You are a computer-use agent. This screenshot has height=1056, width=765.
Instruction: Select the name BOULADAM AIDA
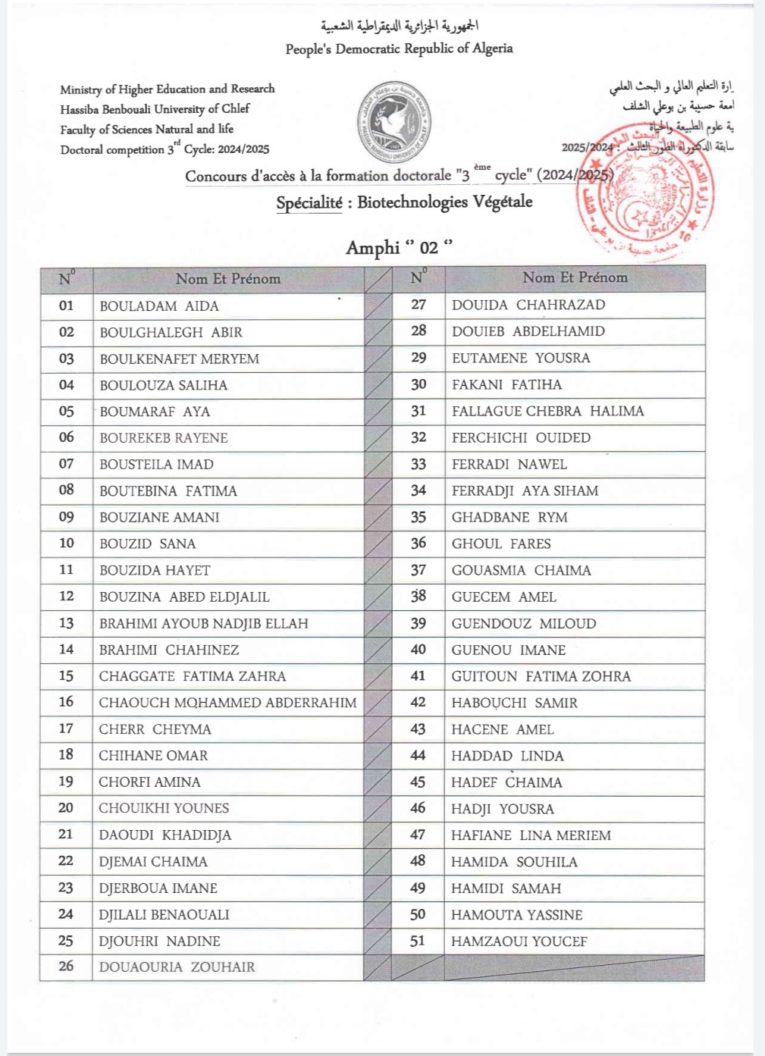click(159, 306)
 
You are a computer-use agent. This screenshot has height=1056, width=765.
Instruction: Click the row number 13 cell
click(67, 623)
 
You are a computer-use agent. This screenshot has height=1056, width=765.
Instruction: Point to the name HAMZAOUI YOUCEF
click(519, 942)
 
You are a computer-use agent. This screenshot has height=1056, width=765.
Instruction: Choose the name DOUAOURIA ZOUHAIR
click(177, 967)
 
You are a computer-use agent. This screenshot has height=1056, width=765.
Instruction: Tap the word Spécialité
click(309, 203)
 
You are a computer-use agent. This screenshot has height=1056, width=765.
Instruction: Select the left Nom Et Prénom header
click(228, 279)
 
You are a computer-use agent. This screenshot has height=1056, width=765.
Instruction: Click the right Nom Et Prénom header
click(575, 277)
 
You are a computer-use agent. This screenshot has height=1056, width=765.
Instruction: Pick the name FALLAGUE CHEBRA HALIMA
click(548, 411)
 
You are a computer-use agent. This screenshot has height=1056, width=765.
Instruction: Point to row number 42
click(418, 703)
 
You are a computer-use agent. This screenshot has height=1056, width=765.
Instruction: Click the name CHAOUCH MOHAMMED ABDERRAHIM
click(227, 703)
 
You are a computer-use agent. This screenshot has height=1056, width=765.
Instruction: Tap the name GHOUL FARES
click(501, 544)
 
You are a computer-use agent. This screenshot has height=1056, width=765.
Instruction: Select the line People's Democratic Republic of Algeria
click(399, 49)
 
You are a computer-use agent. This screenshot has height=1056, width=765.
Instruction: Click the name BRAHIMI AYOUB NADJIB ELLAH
click(204, 624)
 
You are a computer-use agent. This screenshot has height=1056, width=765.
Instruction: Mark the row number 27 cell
click(419, 305)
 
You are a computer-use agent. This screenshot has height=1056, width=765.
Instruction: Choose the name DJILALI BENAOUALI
click(164, 915)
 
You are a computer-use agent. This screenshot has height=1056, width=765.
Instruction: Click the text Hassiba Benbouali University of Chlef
click(155, 109)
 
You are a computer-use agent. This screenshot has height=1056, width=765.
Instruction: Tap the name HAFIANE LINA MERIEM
click(531, 835)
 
